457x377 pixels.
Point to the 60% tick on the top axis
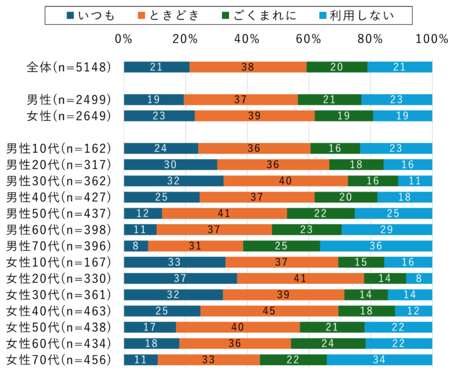[x=309, y=39]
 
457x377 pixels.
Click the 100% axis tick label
[x=432, y=39]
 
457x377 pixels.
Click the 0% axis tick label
[x=124, y=39]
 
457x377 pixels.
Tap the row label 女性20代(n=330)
[x=58, y=278]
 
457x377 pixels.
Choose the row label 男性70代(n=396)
[x=58, y=246]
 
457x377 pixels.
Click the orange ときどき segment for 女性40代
[x=269, y=310]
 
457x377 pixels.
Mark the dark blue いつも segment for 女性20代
[x=180, y=278]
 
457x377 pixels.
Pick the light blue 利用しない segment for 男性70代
[x=376, y=246]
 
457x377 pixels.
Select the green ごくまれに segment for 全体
[x=337, y=67]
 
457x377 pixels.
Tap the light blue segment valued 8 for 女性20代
[x=419, y=278]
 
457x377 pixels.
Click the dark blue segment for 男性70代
[x=136, y=246]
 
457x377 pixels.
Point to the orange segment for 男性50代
[x=224, y=213]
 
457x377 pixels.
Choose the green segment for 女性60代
[x=328, y=343]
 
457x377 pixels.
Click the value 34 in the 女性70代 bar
[x=379, y=359]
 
